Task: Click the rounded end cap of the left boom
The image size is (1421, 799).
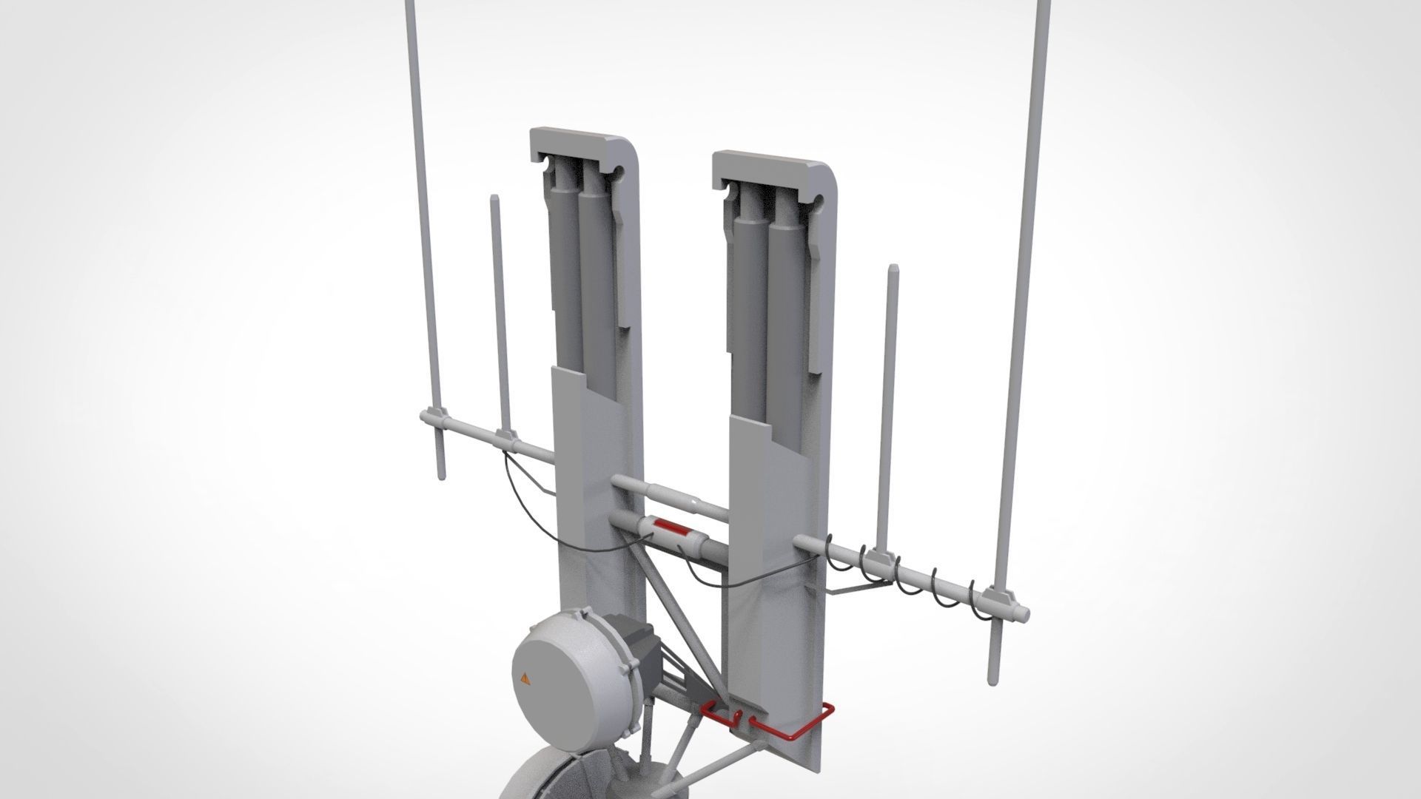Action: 425,418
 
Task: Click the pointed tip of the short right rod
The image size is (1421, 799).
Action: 893,269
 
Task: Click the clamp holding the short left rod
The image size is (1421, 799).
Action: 505,436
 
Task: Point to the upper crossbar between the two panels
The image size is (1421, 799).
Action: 670,496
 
